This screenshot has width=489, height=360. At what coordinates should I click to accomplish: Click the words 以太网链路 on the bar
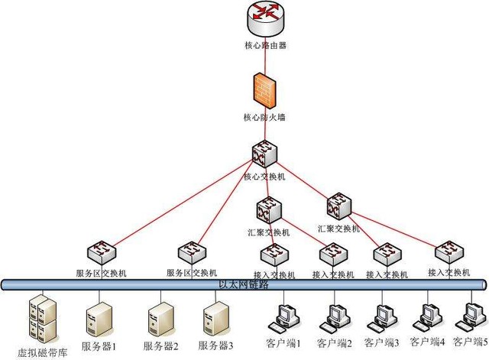(x=244, y=284)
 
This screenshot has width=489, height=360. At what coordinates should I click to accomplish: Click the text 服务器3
(x=215, y=345)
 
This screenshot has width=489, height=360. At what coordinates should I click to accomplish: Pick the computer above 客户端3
(x=383, y=316)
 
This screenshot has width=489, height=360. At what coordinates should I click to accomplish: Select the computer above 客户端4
(x=426, y=316)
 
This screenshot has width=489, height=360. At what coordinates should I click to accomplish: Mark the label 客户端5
(x=470, y=341)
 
